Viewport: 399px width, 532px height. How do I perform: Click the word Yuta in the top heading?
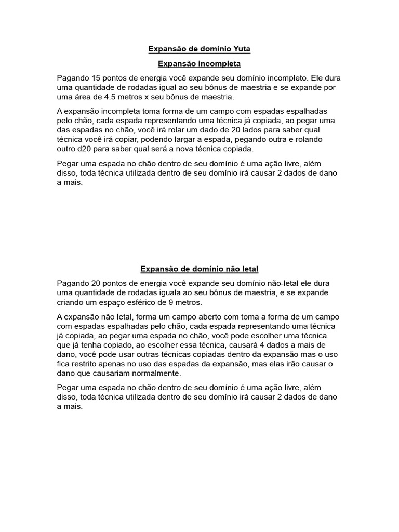pyautogui.click(x=241, y=49)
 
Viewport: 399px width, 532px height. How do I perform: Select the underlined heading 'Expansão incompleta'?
pyautogui.click(x=199, y=63)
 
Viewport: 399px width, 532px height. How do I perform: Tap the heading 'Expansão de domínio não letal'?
pyautogui.click(x=199, y=269)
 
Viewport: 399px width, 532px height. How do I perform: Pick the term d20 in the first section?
pyautogui.click(x=87, y=149)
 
